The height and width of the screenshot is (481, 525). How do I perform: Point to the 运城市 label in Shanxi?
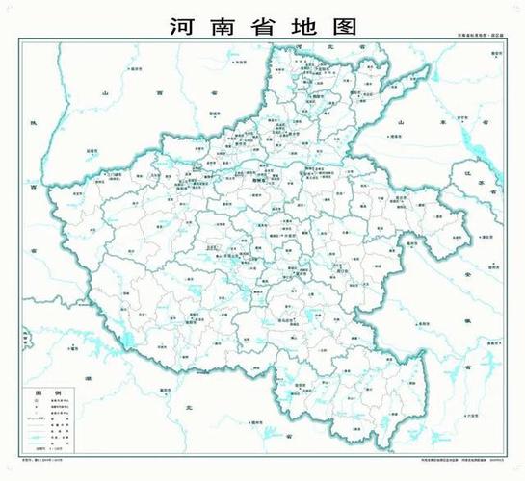click(x=92, y=151)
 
